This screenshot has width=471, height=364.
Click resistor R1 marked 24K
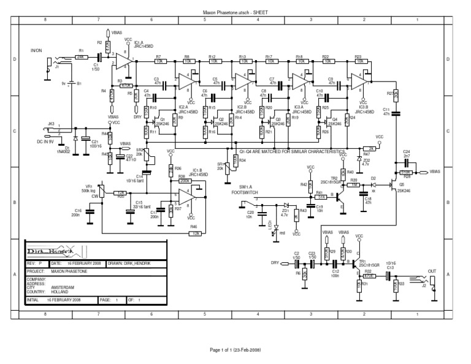coord(80,56)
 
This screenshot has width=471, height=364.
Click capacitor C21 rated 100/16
coord(86,139)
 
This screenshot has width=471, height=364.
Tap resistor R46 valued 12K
coord(196,233)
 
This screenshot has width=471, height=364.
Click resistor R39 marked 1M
coord(355,184)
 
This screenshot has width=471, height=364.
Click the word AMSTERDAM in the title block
coord(63,287)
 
